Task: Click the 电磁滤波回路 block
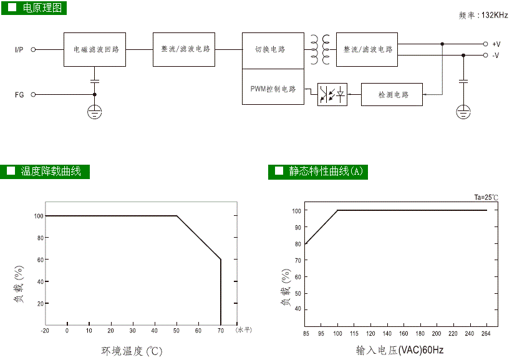[95, 49]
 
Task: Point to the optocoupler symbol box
[332, 95]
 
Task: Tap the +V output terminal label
[496, 44]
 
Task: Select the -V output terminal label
[496, 56]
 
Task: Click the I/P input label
[20, 49]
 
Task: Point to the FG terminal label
[19, 95]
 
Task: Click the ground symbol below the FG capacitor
[95, 112]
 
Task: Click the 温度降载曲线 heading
[51, 171]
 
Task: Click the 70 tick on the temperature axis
[220, 330]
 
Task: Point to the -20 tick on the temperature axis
[45, 330]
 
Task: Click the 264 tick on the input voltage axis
[486, 334]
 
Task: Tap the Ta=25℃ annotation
[486, 198]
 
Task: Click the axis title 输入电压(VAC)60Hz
[399, 350]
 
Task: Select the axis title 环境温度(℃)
[132, 351]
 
